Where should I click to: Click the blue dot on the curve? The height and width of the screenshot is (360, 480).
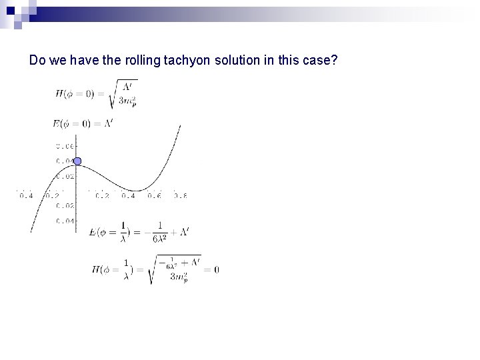point(77,161)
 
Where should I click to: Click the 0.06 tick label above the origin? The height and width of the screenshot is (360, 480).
point(65,145)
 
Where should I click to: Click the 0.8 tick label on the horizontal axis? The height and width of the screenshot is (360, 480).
point(179,195)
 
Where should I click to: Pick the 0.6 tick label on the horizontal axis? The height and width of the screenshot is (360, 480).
point(154,195)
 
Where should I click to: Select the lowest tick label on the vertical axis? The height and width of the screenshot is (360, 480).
point(65,221)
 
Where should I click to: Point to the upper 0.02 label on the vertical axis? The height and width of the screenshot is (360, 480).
point(65,176)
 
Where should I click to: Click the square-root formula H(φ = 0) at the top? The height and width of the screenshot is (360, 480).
point(96,93)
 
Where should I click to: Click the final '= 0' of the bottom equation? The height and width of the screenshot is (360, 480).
point(212,269)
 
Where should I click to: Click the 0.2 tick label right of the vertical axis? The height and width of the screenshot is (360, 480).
point(102,195)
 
